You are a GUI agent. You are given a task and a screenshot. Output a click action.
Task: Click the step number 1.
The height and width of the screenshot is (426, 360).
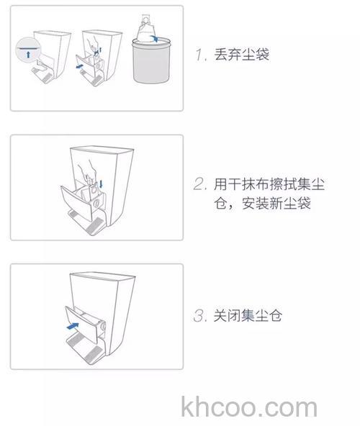199,55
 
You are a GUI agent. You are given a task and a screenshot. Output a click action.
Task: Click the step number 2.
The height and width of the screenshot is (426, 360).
200,184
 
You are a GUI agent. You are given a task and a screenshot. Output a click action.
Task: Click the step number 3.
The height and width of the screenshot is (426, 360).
200,315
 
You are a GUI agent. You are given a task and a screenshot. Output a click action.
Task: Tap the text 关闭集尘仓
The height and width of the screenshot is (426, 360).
248,315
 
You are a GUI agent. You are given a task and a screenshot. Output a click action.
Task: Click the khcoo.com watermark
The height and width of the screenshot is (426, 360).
249,407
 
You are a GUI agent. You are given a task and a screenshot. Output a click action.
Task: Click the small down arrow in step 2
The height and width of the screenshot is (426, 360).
101,183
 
